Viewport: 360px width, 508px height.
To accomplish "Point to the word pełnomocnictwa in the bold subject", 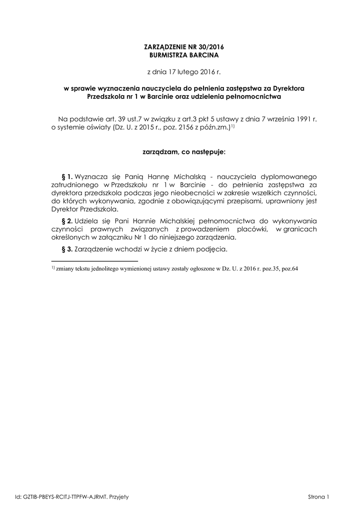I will coord(255,97).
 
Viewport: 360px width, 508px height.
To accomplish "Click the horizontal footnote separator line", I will coord(94,260).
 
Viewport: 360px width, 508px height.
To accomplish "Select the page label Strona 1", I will coord(318,497).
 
